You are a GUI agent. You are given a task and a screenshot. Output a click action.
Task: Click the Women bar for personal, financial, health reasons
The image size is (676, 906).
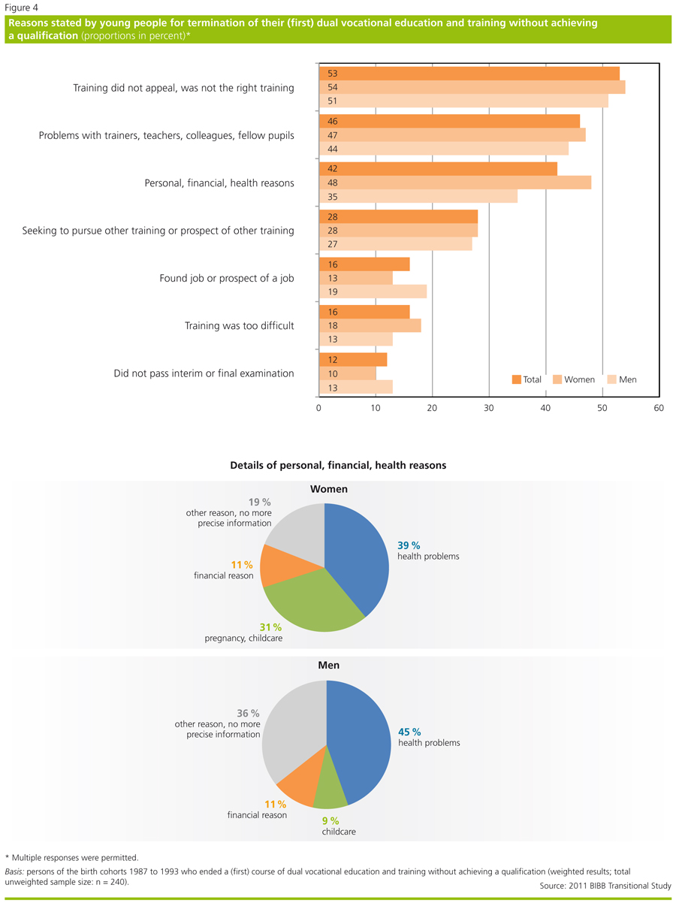[455, 183]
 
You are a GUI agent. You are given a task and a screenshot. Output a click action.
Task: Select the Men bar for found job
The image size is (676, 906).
[373, 291]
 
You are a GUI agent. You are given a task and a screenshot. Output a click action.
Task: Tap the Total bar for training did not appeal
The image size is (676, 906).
[469, 73]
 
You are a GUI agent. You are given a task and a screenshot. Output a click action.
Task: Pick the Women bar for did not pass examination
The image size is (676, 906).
[347, 373]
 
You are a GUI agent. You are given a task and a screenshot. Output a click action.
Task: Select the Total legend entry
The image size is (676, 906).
[526, 379]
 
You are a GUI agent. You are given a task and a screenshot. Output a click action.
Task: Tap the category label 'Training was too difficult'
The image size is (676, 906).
[239, 326]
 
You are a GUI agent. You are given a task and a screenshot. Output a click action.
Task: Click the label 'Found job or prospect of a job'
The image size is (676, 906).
[226, 278]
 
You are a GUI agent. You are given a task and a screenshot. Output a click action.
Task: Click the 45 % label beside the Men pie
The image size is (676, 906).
[409, 732]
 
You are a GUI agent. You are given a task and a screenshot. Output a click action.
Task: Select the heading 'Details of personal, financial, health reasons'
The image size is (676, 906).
[338, 465]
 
